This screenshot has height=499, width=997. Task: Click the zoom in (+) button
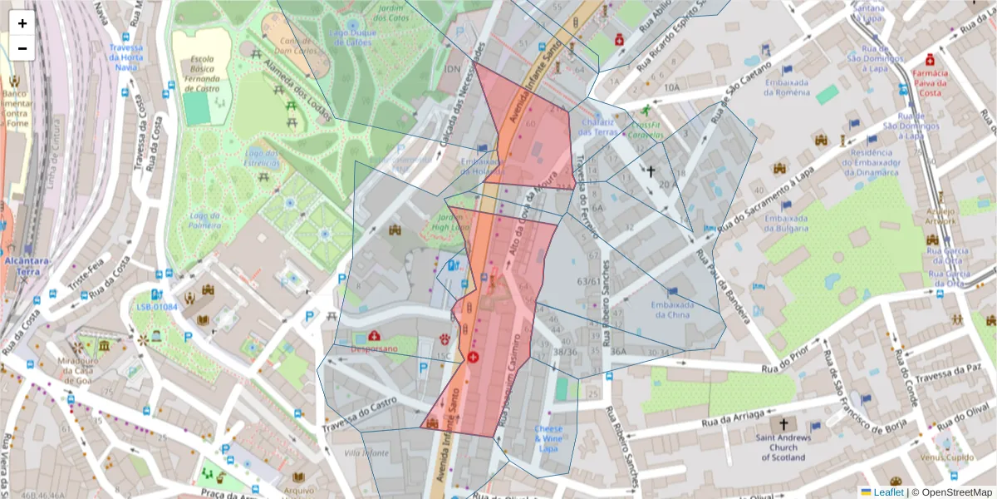click(x=22, y=23)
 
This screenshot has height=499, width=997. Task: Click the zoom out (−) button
click(x=22, y=48)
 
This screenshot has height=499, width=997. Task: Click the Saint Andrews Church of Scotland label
click(x=783, y=447)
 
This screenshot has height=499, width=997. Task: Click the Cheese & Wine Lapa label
click(x=548, y=438)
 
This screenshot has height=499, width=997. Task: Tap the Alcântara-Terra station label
click(x=23, y=266)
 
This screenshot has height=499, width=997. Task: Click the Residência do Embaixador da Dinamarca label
click(x=872, y=165)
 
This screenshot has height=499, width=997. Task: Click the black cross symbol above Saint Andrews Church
click(x=783, y=423)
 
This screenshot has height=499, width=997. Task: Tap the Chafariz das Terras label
click(x=598, y=126)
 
